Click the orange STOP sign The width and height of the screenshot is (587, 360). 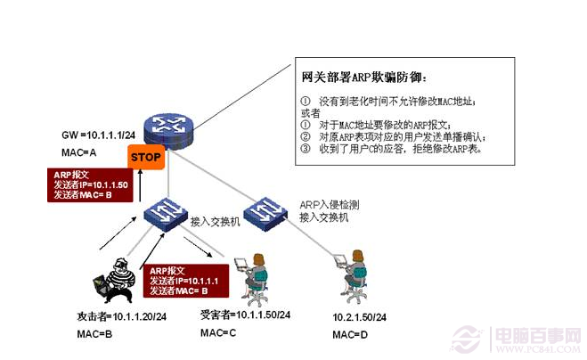click(145, 158)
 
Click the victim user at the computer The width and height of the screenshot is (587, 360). click(253, 274)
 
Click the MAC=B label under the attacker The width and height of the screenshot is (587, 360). click(94, 334)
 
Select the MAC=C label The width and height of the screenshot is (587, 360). click(218, 332)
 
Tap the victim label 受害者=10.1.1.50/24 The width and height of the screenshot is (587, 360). click(245, 315)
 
